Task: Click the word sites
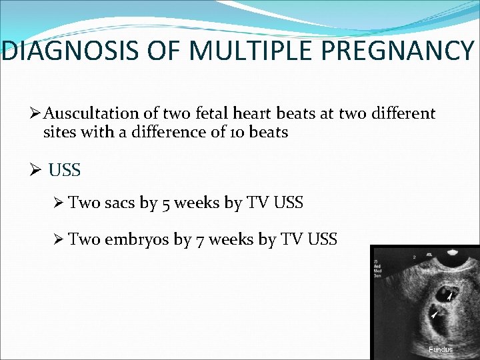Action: pos(59,133)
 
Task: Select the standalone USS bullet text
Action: pos(65,171)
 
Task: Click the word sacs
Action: pos(120,203)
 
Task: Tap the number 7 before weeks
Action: pos(200,239)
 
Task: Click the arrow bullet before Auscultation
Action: pos(37,115)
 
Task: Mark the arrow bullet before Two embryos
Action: pos(59,239)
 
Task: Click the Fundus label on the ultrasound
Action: pos(441,349)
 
